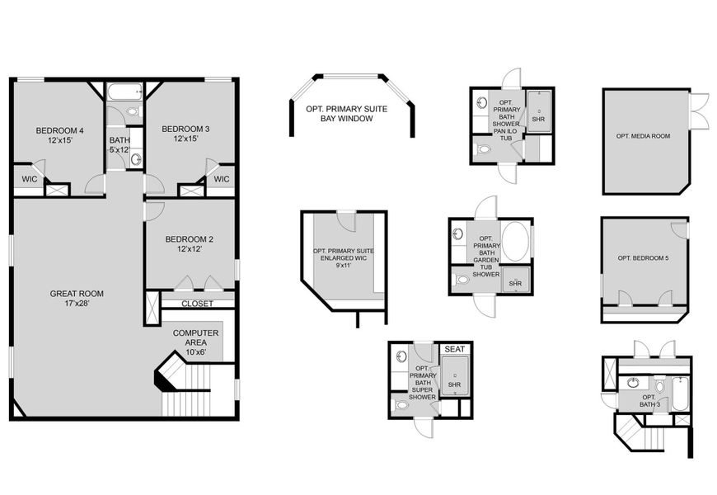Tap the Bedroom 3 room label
pos(185,134)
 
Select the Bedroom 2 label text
pos(190,245)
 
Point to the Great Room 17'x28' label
pos(77,299)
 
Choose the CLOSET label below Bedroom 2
pos(197,304)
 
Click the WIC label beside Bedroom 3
pos(221,179)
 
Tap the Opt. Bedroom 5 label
pos(644,258)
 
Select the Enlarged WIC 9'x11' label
pos(343,258)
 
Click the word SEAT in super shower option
pos(454,349)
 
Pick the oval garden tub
pos(517,242)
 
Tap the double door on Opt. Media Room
pos(699,112)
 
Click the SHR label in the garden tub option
pos(515,284)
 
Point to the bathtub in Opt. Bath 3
pos(680,394)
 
